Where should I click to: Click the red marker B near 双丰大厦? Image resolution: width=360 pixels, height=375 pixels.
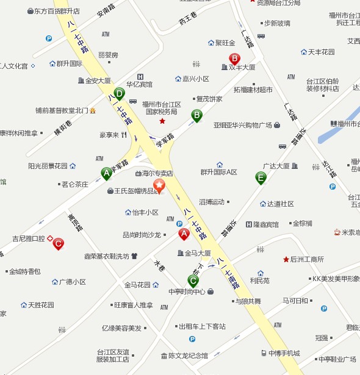(234, 59)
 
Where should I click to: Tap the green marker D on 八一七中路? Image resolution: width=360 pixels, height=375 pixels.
(120, 94)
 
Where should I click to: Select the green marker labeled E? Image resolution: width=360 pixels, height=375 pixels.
(261, 177)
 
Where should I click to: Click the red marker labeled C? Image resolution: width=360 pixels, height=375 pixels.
(58, 244)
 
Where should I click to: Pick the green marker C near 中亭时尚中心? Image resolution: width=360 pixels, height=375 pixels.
(193, 281)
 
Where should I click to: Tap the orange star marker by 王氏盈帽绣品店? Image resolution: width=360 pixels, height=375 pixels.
(159, 185)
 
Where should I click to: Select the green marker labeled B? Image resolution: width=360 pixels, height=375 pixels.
(196, 115)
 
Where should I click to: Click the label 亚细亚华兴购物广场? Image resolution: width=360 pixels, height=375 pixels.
(242, 125)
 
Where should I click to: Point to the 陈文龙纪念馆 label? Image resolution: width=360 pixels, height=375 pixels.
(188, 355)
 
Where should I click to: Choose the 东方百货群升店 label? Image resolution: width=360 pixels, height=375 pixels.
(57, 11)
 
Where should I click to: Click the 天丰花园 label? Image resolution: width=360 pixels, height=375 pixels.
(321, 52)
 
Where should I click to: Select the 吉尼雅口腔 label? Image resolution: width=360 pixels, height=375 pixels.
(29, 238)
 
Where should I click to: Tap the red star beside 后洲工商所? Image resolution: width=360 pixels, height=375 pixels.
(286, 260)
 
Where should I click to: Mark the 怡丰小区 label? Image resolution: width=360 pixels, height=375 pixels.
(145, 212)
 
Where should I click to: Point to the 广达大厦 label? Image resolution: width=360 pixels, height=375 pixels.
(276, 165)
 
